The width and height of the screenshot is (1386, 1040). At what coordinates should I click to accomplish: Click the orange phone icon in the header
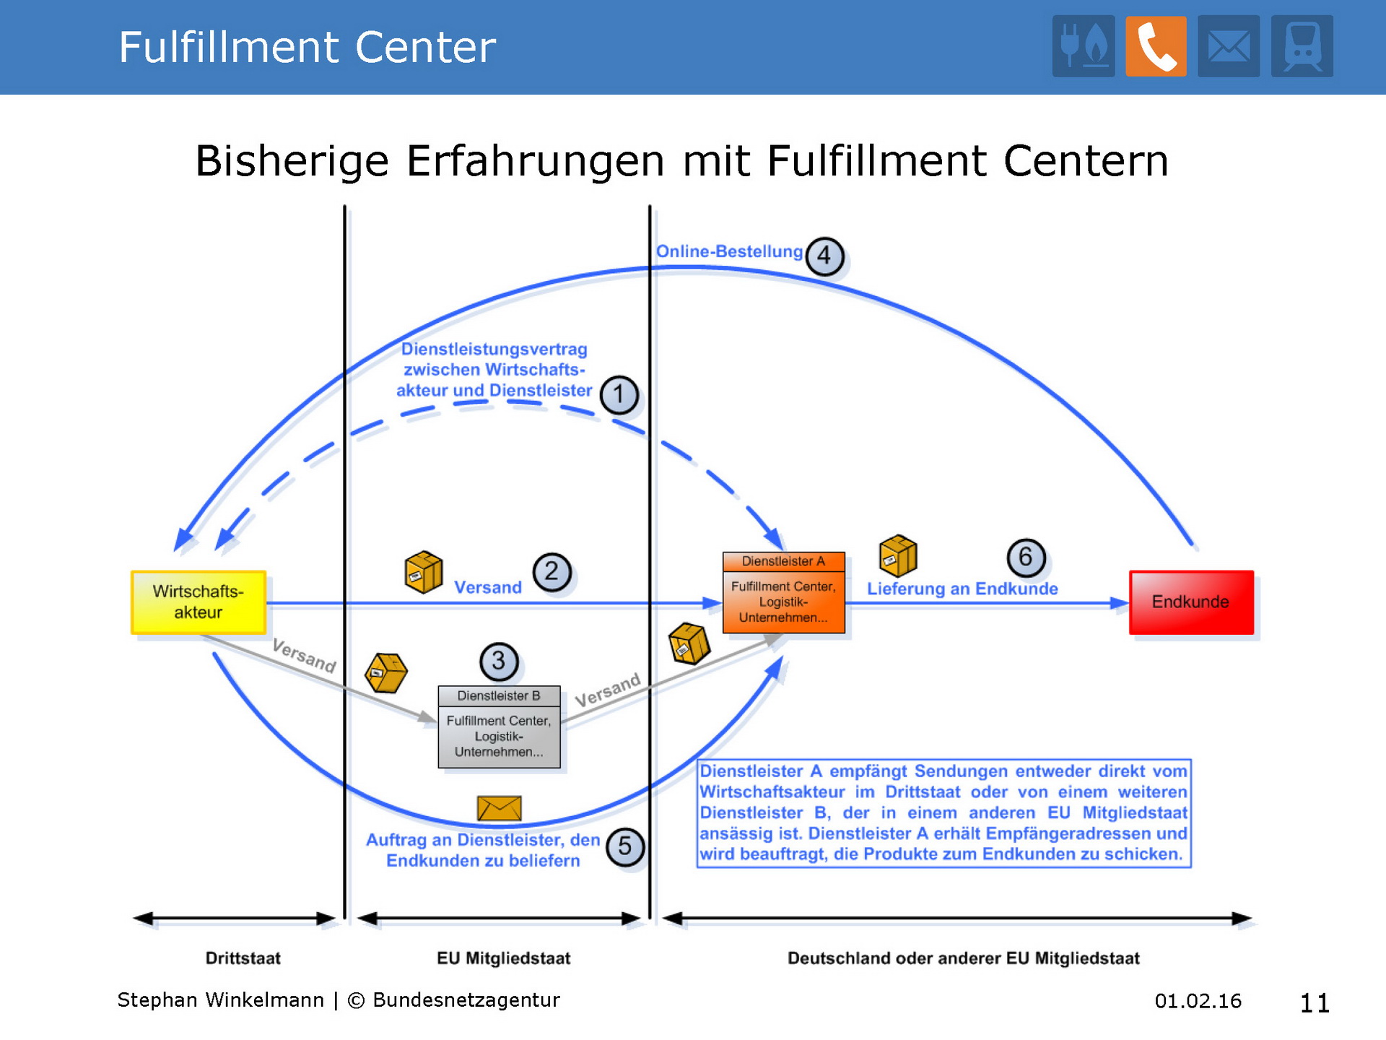[x=1156, y=46]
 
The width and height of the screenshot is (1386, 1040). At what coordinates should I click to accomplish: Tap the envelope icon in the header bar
[x=1229, y=46]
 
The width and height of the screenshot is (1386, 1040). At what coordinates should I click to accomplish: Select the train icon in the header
[x=1302, y=46]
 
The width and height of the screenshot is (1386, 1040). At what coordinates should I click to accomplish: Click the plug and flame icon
[x=1083, y=46]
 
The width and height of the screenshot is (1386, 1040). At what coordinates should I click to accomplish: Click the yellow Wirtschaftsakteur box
[x=199, y=602]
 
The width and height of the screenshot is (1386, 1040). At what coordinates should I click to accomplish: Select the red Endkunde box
[x=1191, y=602]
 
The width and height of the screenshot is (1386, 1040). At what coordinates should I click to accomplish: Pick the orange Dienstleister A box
[x=783, y=593]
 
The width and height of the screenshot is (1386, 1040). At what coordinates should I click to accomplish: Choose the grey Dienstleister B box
[x=499, y=727]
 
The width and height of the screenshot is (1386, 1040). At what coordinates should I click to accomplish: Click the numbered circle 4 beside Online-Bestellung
[x=824, y=256]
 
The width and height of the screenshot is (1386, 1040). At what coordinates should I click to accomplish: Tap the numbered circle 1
[x=619, y=394]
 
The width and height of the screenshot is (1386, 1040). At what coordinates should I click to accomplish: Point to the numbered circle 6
[x=1026, y=557]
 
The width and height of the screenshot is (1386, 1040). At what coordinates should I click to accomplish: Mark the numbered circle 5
[x=624, y=846]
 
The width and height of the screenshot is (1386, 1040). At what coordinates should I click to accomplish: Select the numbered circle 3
[x=498, y=661]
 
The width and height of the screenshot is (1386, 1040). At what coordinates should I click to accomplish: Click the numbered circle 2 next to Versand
[x=552, y=572]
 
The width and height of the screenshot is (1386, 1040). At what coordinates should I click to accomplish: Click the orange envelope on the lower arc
[x=499, y=808]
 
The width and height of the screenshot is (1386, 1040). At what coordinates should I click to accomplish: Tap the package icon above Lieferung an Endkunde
[x=898, y=555]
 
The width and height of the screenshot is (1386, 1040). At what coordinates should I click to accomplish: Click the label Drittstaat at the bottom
[x=243, y=958]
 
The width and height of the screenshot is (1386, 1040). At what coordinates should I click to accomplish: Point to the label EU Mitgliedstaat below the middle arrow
[x=503, y=958]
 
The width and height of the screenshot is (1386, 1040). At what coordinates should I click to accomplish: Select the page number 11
[x=1315, y=1002]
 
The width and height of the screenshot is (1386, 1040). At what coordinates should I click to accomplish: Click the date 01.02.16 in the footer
[x=1198, y=1001]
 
